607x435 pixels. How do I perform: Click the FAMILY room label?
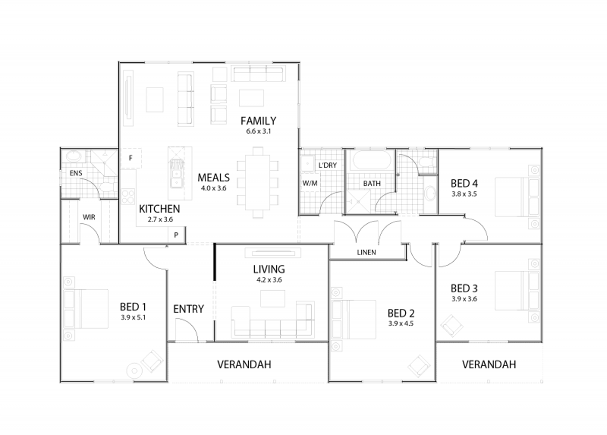point(258,121)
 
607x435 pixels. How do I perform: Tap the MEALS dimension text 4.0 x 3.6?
point(213,188)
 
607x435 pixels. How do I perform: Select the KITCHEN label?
point(159,209)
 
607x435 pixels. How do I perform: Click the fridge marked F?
point(131,158)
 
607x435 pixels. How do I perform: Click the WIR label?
point(90,217)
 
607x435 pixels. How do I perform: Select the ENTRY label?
point(188,309)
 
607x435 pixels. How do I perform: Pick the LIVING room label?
point(269,269)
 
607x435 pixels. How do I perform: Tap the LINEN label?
point(366,252)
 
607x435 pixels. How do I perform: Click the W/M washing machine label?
point(309,183)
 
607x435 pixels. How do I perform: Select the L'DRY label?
point(327,165)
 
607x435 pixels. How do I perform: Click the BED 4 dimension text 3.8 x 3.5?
point(464,193)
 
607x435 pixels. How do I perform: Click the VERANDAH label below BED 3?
point(489,365)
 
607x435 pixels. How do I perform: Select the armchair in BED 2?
point(418,365)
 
